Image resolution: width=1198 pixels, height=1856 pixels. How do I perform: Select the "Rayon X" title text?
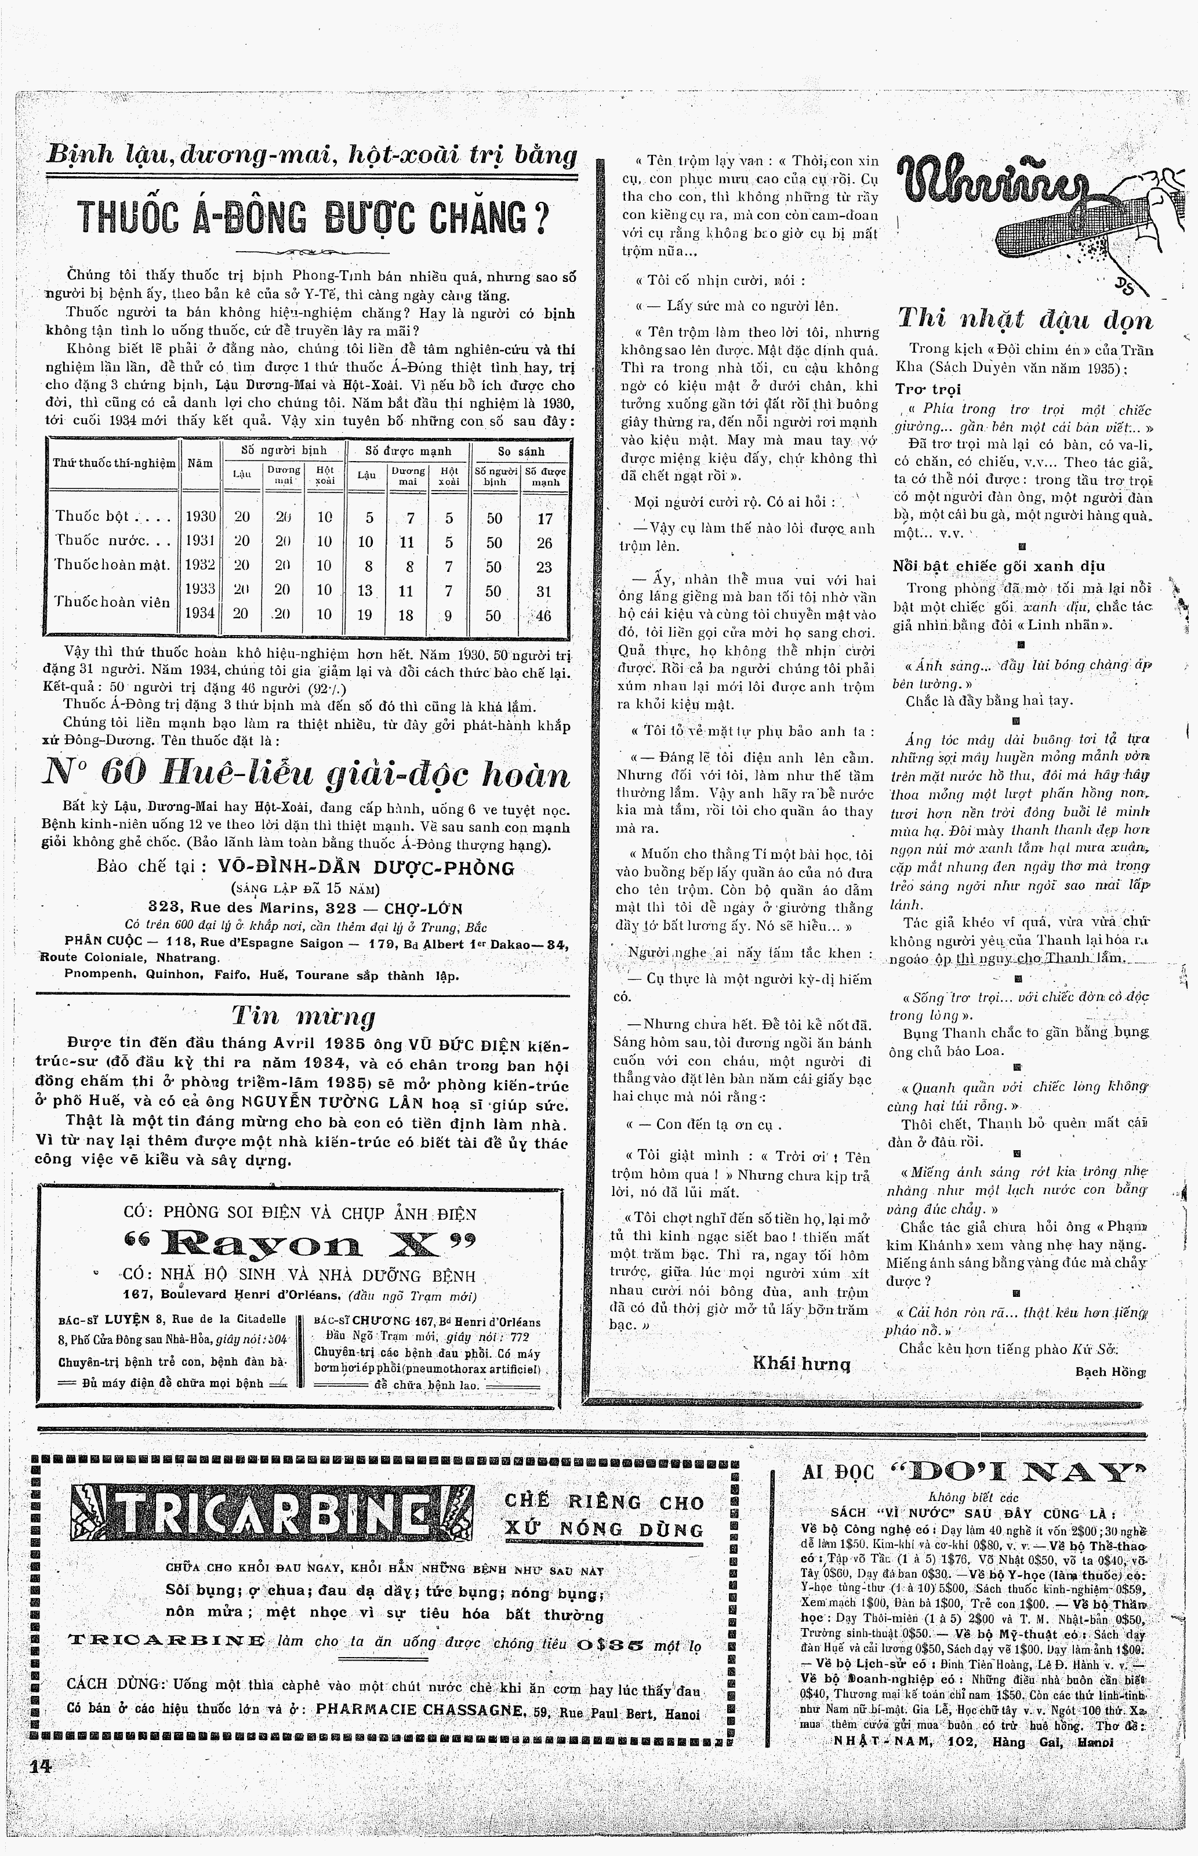(299, 1243)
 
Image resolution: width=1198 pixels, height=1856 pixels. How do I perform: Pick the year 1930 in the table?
(200, 517)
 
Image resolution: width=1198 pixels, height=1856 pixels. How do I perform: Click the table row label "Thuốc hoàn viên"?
(113, 602)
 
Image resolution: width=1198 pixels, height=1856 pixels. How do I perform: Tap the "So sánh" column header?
(521, 451)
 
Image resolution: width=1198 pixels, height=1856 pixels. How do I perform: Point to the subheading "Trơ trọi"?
(927, 389)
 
